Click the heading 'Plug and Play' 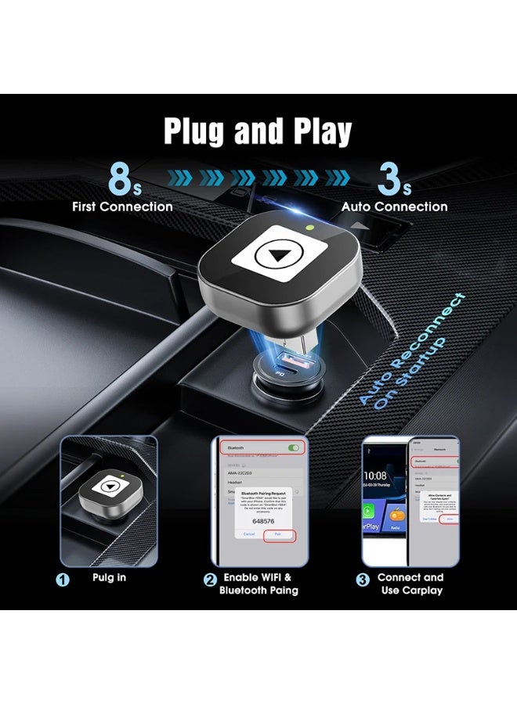coord(258,131)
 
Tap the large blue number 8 coord(120,179)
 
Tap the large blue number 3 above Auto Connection coord(389,179)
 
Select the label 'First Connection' coord(122,207)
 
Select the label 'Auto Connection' coord(394,207)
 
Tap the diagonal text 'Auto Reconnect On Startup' coord(412,349)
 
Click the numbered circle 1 coord(63,580)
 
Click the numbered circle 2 coord(210,580)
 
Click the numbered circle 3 coord(363,580)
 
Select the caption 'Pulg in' coord(110,578)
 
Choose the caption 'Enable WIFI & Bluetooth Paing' coord(258,584)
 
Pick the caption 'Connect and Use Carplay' coord(410,584)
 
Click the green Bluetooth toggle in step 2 coord(294,448)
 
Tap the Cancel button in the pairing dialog coord(249,533)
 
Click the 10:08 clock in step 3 coord(375,476)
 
